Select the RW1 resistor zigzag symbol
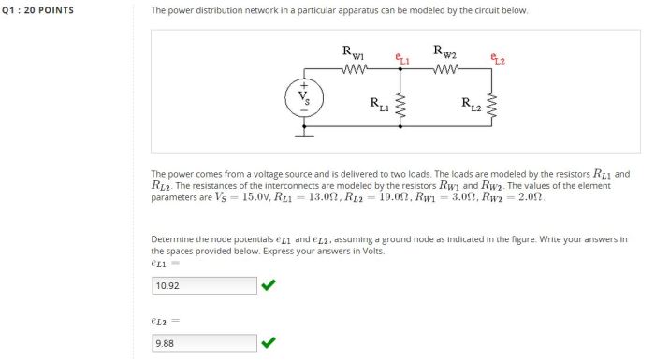click(x=357, y=68)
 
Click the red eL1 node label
click(x=402, y=59)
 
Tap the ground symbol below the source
click(x=304, y=134)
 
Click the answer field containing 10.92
click(x=204, y=285)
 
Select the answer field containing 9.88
click(x=204, y=342)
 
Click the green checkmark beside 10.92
click(x=269, y=285)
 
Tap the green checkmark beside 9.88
click(x=269, y=342)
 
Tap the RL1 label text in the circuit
click(x=379, y=104)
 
